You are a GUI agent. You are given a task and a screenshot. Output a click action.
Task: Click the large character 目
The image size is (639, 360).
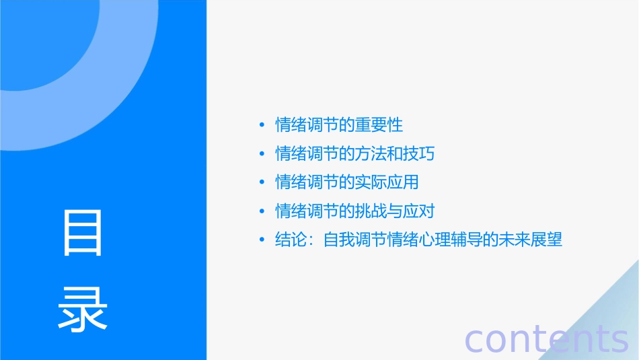click(83, 233)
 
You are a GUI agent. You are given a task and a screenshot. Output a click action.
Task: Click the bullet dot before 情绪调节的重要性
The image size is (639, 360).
click(262, 125)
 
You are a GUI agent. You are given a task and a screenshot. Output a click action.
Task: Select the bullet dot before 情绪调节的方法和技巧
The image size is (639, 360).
click(262, 154)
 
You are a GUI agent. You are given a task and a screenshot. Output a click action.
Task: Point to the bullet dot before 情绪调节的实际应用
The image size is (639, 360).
click(262, 182)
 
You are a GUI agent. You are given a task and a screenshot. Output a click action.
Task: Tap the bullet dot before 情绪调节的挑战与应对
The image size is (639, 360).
click(262, 211)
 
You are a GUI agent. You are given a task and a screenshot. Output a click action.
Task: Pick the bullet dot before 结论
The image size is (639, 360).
click(262, 240)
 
